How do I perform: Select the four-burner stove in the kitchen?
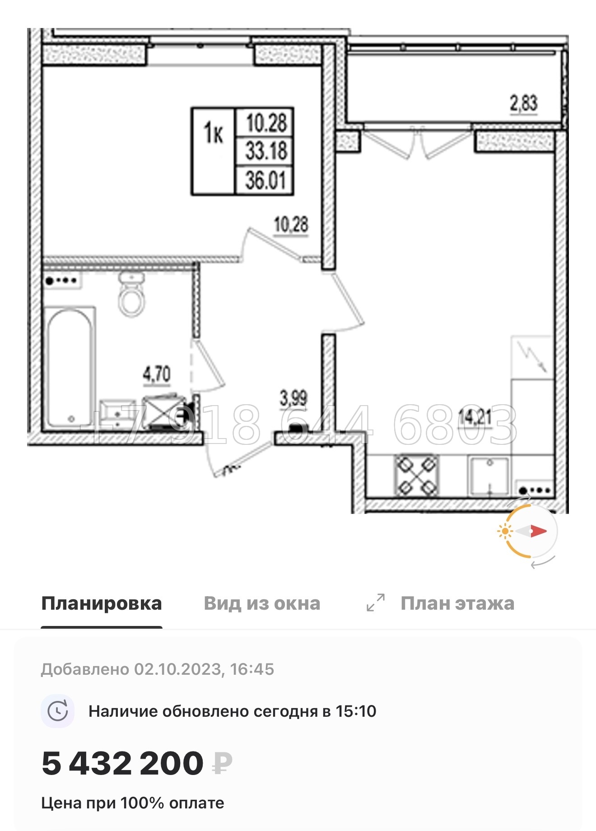417,476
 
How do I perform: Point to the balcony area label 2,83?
524,103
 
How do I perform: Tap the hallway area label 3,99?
293,398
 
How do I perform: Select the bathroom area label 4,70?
157,374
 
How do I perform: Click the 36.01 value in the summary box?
265,180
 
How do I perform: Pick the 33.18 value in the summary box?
266,151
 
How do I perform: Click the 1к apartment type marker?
213,133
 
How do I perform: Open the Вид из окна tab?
262,603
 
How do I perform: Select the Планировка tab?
102,603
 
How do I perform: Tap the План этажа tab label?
457,603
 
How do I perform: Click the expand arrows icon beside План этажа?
376,602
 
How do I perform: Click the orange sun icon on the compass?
504,531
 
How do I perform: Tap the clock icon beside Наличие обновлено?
58,711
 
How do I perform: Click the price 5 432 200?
123,763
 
